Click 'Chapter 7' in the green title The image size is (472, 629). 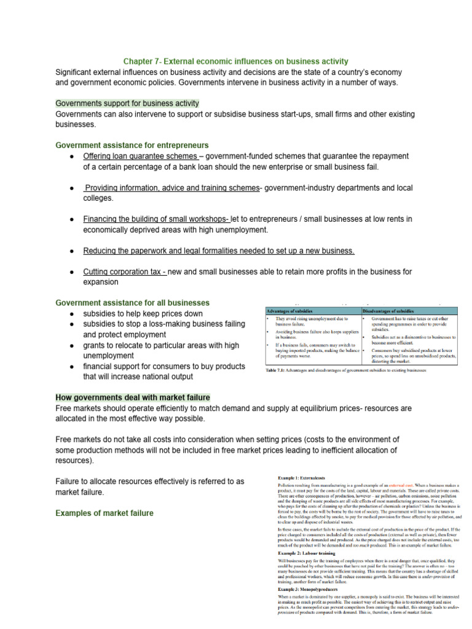click(x=141, y=61)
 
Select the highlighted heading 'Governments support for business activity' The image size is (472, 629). click(x=127, y=103)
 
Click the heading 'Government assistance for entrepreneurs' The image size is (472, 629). click(x=132, y=146)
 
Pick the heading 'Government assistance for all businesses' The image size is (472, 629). click(x=132, y=303)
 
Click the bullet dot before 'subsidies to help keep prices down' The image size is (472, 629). click(x=72, y=314)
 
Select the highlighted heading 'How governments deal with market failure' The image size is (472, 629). click(x=133, y=397)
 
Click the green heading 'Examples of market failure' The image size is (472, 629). click(x=104, y=513)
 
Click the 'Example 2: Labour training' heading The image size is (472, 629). click(x=307, y=552)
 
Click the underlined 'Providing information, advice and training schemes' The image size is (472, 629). click(x=172, y=188)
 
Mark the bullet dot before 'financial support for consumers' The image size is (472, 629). click(x=72, y=367)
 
